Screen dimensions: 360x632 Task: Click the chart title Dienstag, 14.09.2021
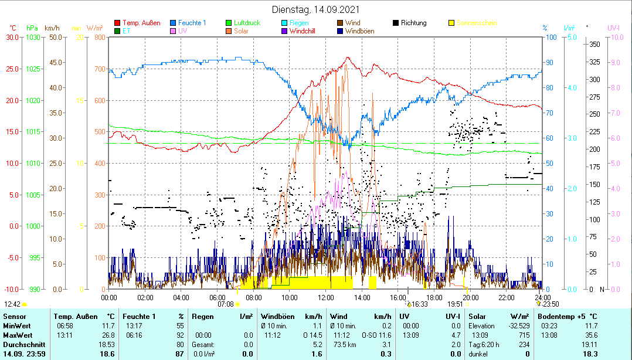316,9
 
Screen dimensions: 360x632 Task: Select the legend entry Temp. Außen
141,23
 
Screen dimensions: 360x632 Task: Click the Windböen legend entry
359,30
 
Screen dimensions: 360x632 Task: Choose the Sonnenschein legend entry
476,23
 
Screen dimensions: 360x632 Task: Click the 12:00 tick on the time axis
325,297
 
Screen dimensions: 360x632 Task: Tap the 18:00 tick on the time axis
433,297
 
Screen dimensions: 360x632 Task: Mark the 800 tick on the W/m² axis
99,38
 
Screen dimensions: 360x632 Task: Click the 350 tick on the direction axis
594,45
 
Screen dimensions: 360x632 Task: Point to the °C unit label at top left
13,28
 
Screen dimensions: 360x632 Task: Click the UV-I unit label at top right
614,28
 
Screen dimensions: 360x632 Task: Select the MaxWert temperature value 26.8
108,335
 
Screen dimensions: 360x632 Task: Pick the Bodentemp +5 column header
568,317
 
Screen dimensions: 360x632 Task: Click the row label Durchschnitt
21,344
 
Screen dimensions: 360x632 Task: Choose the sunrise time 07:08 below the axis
226,304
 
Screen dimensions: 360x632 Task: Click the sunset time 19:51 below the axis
455,304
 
